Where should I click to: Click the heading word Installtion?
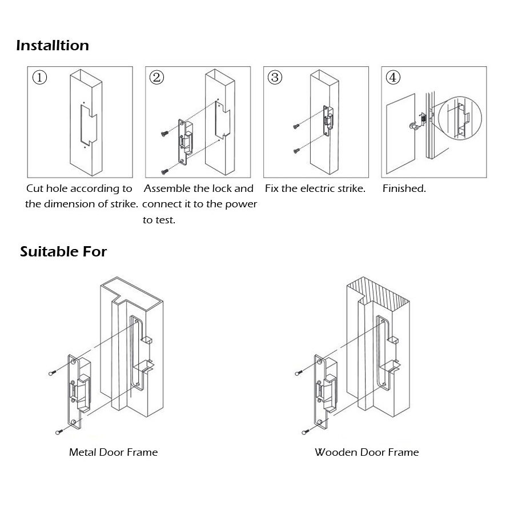pyautogui.click(x=53, y=45)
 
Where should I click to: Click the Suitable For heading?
pyautogui.click(x=63, y=251)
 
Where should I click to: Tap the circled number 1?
pyautogui.click(x=39, y=78)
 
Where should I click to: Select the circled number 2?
pyautogui.click(x=156, y=78)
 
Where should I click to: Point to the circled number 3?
pyautogui.click(x=275, y=78)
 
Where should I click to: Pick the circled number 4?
pyautogui.click(x=393, y=78)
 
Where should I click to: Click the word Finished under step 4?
pyautogui.click(x=404, y=188)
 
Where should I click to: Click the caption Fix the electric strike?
pyautogui.click(x=315, y=188)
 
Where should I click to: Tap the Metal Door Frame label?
pyautogui.click(x=113, y=452)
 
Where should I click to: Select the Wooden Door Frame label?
pyautogui.click(x=366, y=452)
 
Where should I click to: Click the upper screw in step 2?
pyautogui.click(x=164, y=134)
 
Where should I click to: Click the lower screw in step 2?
pyautogui.click(x=164, y=170)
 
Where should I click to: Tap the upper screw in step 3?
pyautogui.click(x=296, y=125)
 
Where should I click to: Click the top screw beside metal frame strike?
pyautogui.click(x=53, y=372)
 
